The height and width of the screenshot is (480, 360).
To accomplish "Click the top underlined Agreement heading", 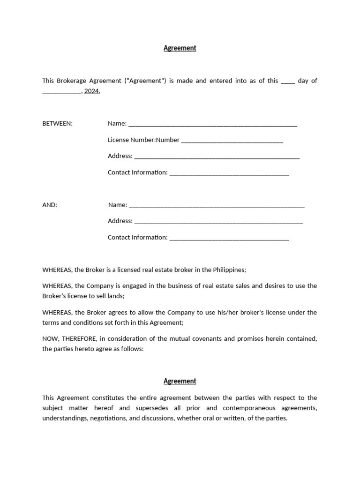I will point(180,48).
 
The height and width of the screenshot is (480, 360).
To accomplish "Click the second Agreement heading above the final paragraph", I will point(180,381).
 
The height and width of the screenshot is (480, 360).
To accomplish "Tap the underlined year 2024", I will point(91,91).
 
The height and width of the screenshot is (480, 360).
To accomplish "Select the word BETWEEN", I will point(57,123).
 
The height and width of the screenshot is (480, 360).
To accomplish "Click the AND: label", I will point(50,205).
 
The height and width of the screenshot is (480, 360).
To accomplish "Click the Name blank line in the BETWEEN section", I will point(212,124).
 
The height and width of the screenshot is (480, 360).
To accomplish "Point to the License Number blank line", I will point(232,141).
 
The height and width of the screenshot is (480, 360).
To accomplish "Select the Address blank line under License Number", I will point(217,157).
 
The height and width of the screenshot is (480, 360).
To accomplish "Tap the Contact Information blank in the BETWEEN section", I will point(229,173).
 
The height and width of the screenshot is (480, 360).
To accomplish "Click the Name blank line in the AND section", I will point(217,206).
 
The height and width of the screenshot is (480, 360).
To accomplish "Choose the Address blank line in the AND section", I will point(218,222).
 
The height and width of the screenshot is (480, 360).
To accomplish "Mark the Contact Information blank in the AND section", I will point(229,238).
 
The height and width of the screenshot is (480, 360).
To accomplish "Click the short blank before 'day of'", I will point(288,82).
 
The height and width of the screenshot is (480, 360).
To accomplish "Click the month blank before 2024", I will point(61,92).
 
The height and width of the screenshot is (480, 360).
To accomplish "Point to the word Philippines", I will point(229,270).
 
